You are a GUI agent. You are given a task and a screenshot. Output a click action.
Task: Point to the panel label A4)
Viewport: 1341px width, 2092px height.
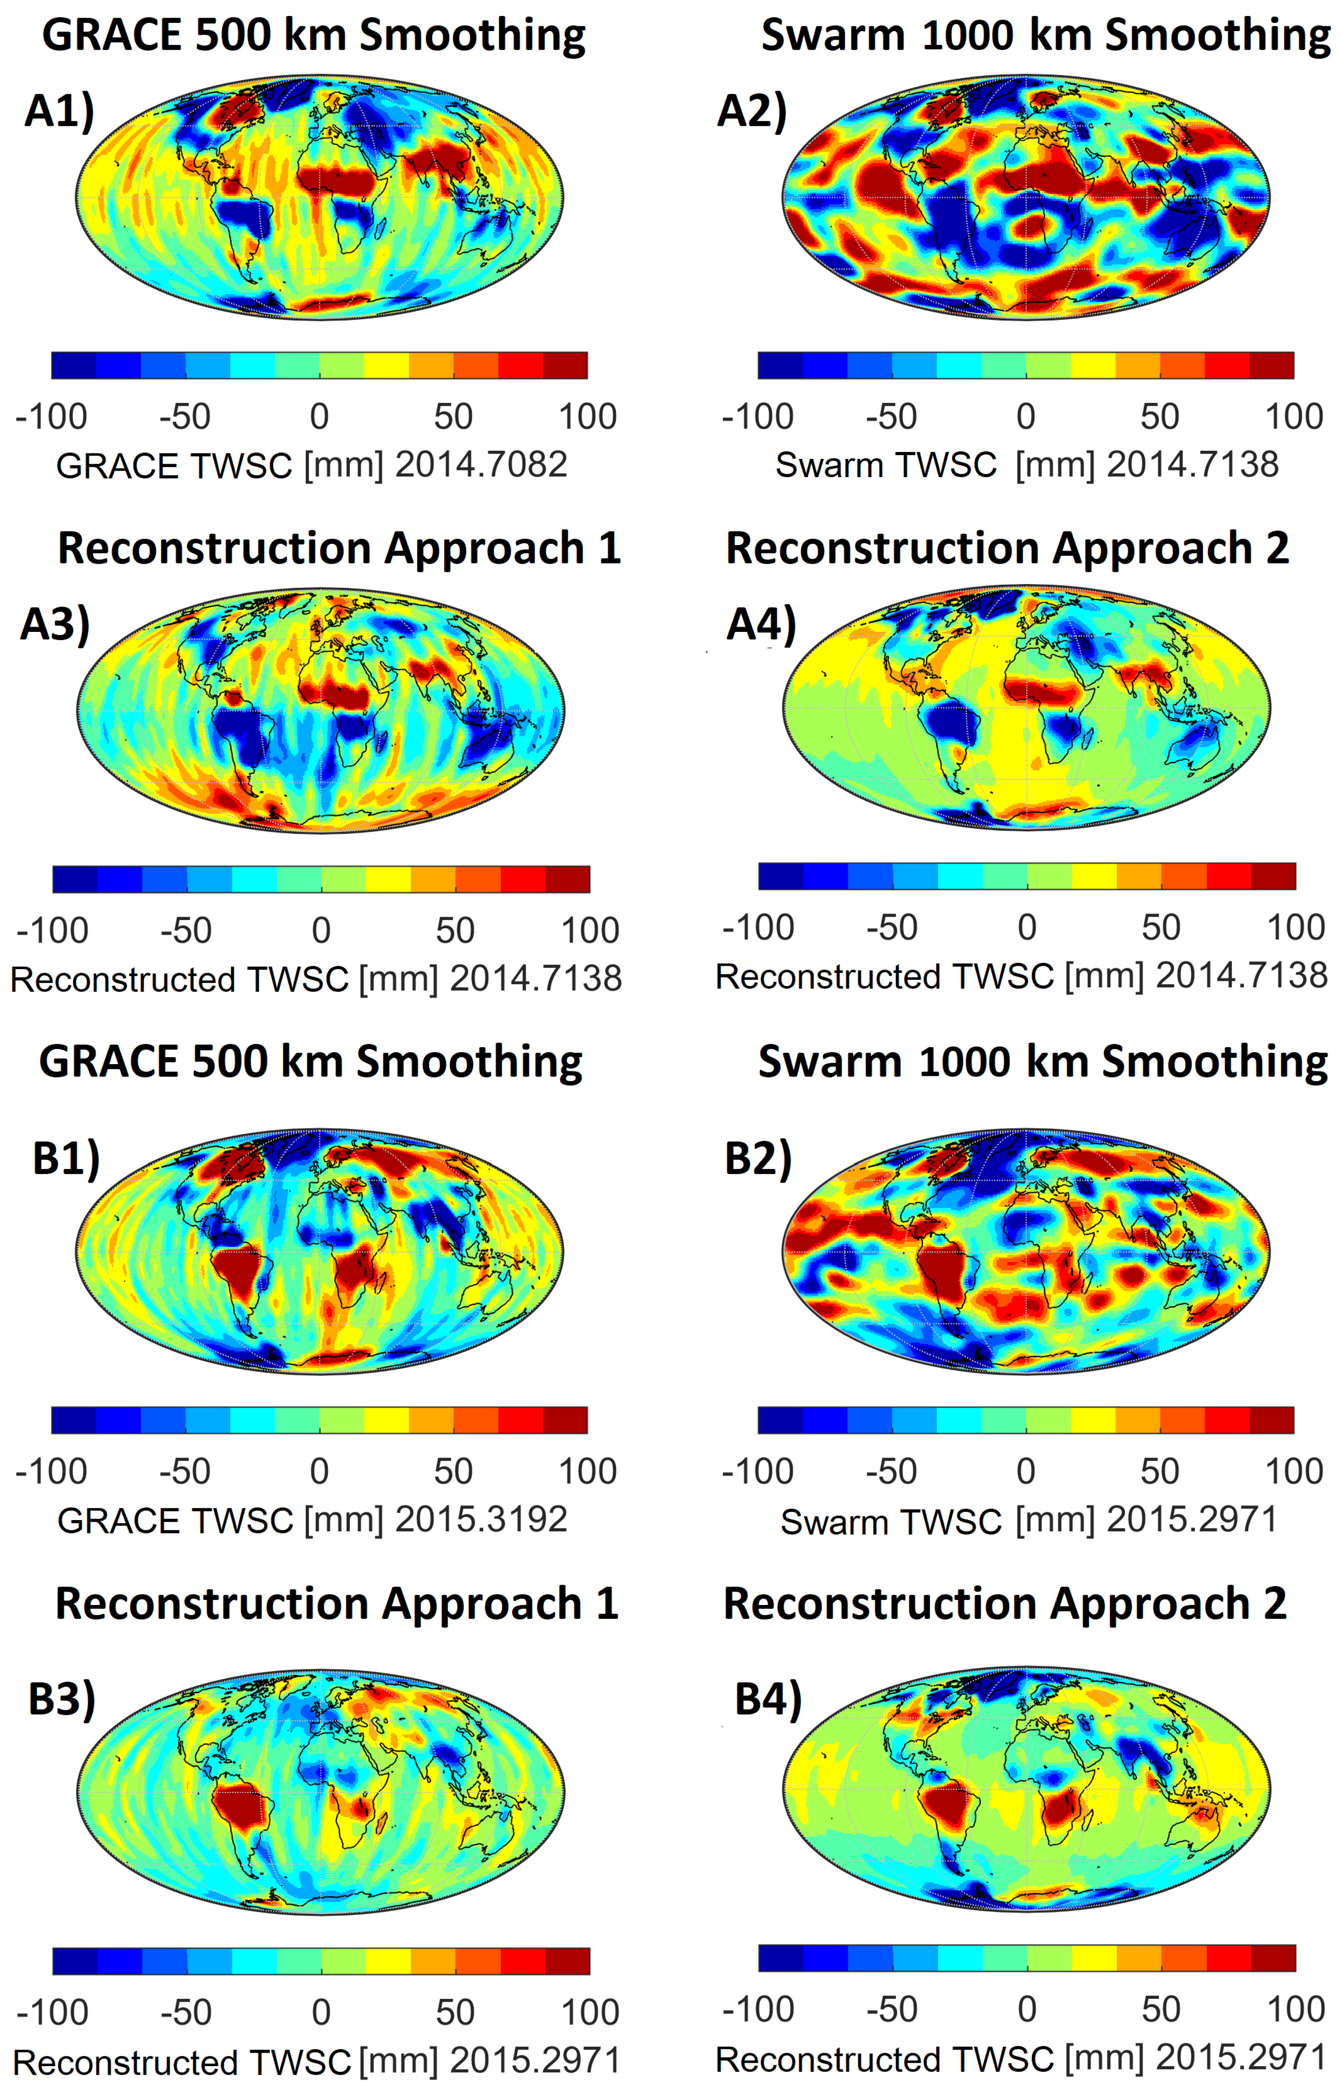(761, 624)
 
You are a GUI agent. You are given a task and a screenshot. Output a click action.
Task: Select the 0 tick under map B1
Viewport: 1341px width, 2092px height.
(320, 1471)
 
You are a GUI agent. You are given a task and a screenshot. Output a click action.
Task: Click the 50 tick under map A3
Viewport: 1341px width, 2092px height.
(455, 931)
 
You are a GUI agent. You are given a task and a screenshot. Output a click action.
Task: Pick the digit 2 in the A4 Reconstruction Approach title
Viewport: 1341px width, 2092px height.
(1277, 549)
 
